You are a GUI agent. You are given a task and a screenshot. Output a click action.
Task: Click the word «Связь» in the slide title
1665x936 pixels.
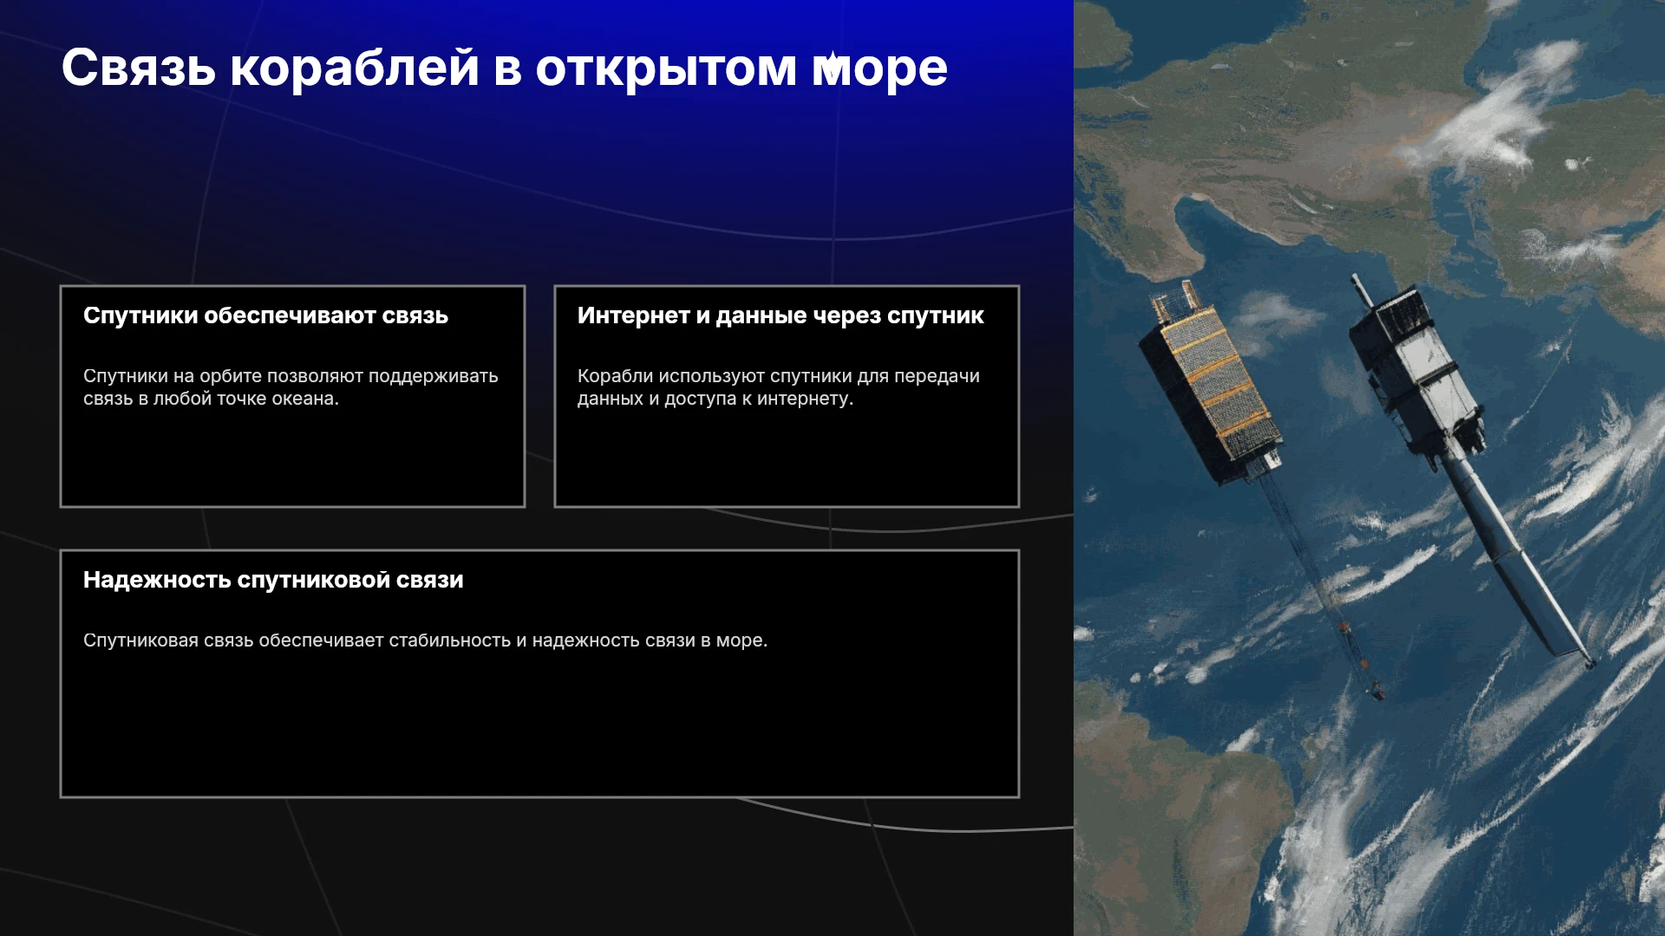(139, 68)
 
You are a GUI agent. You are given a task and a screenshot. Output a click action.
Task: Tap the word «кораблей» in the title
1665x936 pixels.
(355, 68)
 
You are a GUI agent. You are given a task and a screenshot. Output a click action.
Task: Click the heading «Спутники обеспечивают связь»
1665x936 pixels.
(265, 315)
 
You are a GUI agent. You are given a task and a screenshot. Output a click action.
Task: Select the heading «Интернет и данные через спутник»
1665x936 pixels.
(780, 315)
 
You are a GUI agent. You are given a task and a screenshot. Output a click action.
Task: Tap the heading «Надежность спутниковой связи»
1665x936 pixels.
(273, 580)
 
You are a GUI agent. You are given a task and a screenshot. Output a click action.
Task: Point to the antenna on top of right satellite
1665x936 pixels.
(1360, 291)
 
